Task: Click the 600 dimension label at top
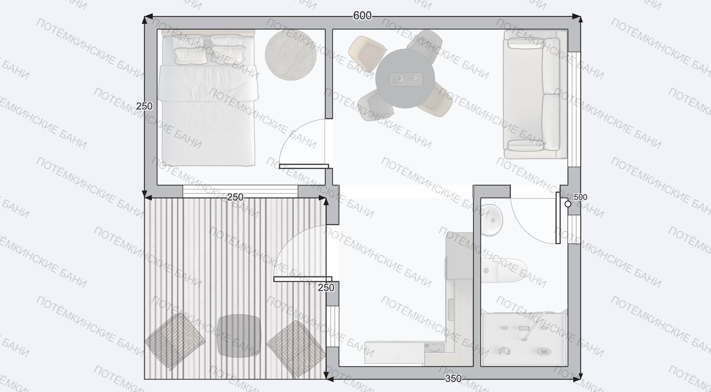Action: point(362,15)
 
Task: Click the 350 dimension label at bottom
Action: point(453,378)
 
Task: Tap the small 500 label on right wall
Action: point(580,197)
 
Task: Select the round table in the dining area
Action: point(405,78)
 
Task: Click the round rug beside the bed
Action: point(291,54)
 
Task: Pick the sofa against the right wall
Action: point(535,94)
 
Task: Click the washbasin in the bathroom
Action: point(491,220)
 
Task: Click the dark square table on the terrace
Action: point(239,336)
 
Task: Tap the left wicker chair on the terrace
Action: point(175,341)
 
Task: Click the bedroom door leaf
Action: point(304,166)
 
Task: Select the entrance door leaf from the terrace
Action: point(303,279)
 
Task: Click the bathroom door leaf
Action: point(558,218)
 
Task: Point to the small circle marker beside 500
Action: point(568,204)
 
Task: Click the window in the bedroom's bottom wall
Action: point(240,192)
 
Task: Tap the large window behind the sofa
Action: point(574,109)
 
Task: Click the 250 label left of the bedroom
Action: point(144,106)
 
